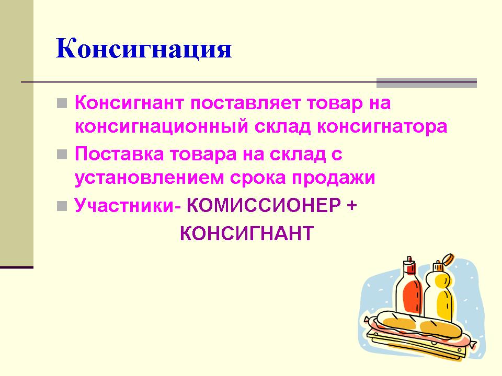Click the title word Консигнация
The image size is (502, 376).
[x=144, y=49]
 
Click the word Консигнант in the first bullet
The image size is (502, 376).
[x=129, y=103]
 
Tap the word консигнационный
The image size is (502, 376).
[x=162, y=127]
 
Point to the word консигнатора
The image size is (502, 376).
[x=382, y=127]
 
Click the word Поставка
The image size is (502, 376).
[x=119, y=154]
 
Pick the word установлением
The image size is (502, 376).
[x=149, y=178]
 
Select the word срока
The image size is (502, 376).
[x=258, y=179]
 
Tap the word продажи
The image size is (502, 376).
[x=333, y=179]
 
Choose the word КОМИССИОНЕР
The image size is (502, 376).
[x=264, y=205]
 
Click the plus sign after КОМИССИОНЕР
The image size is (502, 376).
[x=351, y=206]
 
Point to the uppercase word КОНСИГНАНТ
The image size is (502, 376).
[x=246, y=233]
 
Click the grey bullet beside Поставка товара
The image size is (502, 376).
[x=62, y=155]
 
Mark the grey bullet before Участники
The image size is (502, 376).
[x=62, y=206]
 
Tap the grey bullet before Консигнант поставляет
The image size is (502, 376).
[x=62, y=103]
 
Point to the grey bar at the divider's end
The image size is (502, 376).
[x=427, y=83]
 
